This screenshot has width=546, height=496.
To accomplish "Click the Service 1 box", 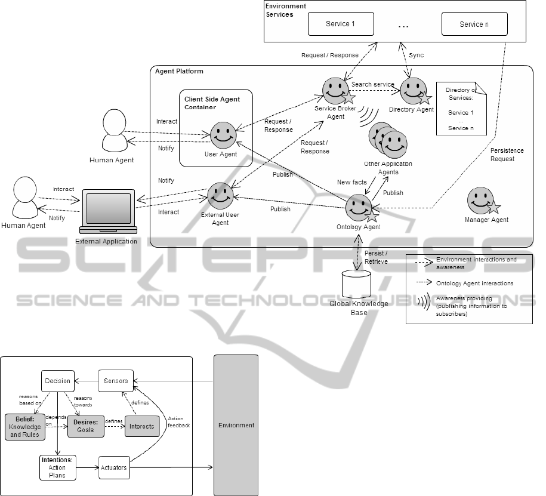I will (340, 24).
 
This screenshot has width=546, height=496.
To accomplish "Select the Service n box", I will (474, 24).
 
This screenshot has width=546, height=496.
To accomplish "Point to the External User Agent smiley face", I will (220, 195).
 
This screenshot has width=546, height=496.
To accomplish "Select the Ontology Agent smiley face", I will (359, 207).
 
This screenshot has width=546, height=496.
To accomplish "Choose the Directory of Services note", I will (461, 108).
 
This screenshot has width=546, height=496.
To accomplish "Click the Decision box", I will (58, 380).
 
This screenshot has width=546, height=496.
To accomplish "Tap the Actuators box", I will (113, 467).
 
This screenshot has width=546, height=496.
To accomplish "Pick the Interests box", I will (142, 426).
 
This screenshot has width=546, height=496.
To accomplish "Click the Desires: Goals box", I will (85, 426).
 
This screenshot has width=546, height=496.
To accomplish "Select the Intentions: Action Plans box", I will (57, 467).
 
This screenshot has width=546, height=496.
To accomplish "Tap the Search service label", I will (373, 84).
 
